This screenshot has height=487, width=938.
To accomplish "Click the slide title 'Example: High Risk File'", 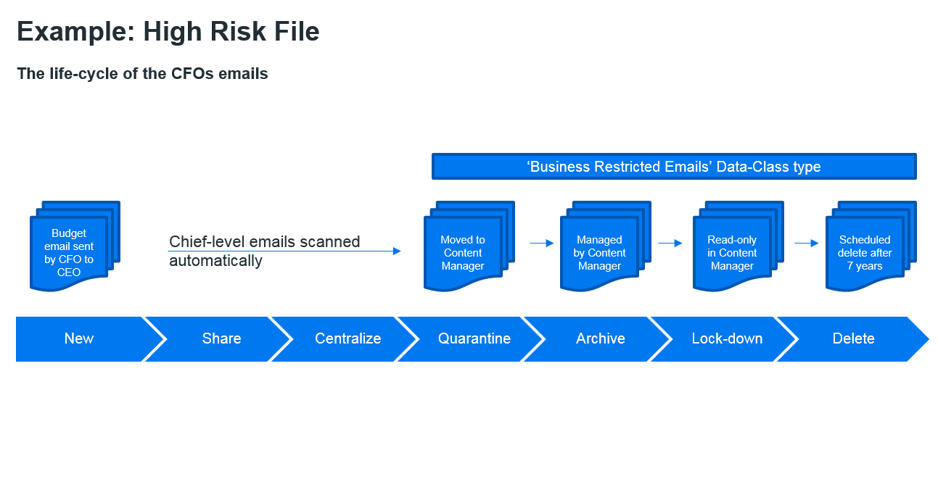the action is [168, 32].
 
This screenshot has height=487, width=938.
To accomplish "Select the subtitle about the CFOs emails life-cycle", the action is [142, 74].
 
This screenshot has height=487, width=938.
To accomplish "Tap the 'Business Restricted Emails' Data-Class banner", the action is [674, 167].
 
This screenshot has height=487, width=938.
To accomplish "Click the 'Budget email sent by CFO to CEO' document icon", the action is [75, 246].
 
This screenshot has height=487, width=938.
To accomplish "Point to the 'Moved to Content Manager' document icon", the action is [469, 246].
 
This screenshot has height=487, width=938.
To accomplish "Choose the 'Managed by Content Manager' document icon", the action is [606, 246].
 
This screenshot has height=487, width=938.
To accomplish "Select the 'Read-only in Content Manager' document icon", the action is [739, 246].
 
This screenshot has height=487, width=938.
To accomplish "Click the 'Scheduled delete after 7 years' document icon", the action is [871, 246].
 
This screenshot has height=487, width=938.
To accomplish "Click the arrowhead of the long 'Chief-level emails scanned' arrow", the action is [397, 251].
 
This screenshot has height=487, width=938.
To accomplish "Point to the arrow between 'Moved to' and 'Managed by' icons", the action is [542, 243].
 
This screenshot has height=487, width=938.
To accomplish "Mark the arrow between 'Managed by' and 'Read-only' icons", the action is [670, 243].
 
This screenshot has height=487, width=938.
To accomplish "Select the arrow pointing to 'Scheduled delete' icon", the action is [807, 243].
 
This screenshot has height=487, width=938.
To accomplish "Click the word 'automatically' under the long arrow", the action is [215, 261].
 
